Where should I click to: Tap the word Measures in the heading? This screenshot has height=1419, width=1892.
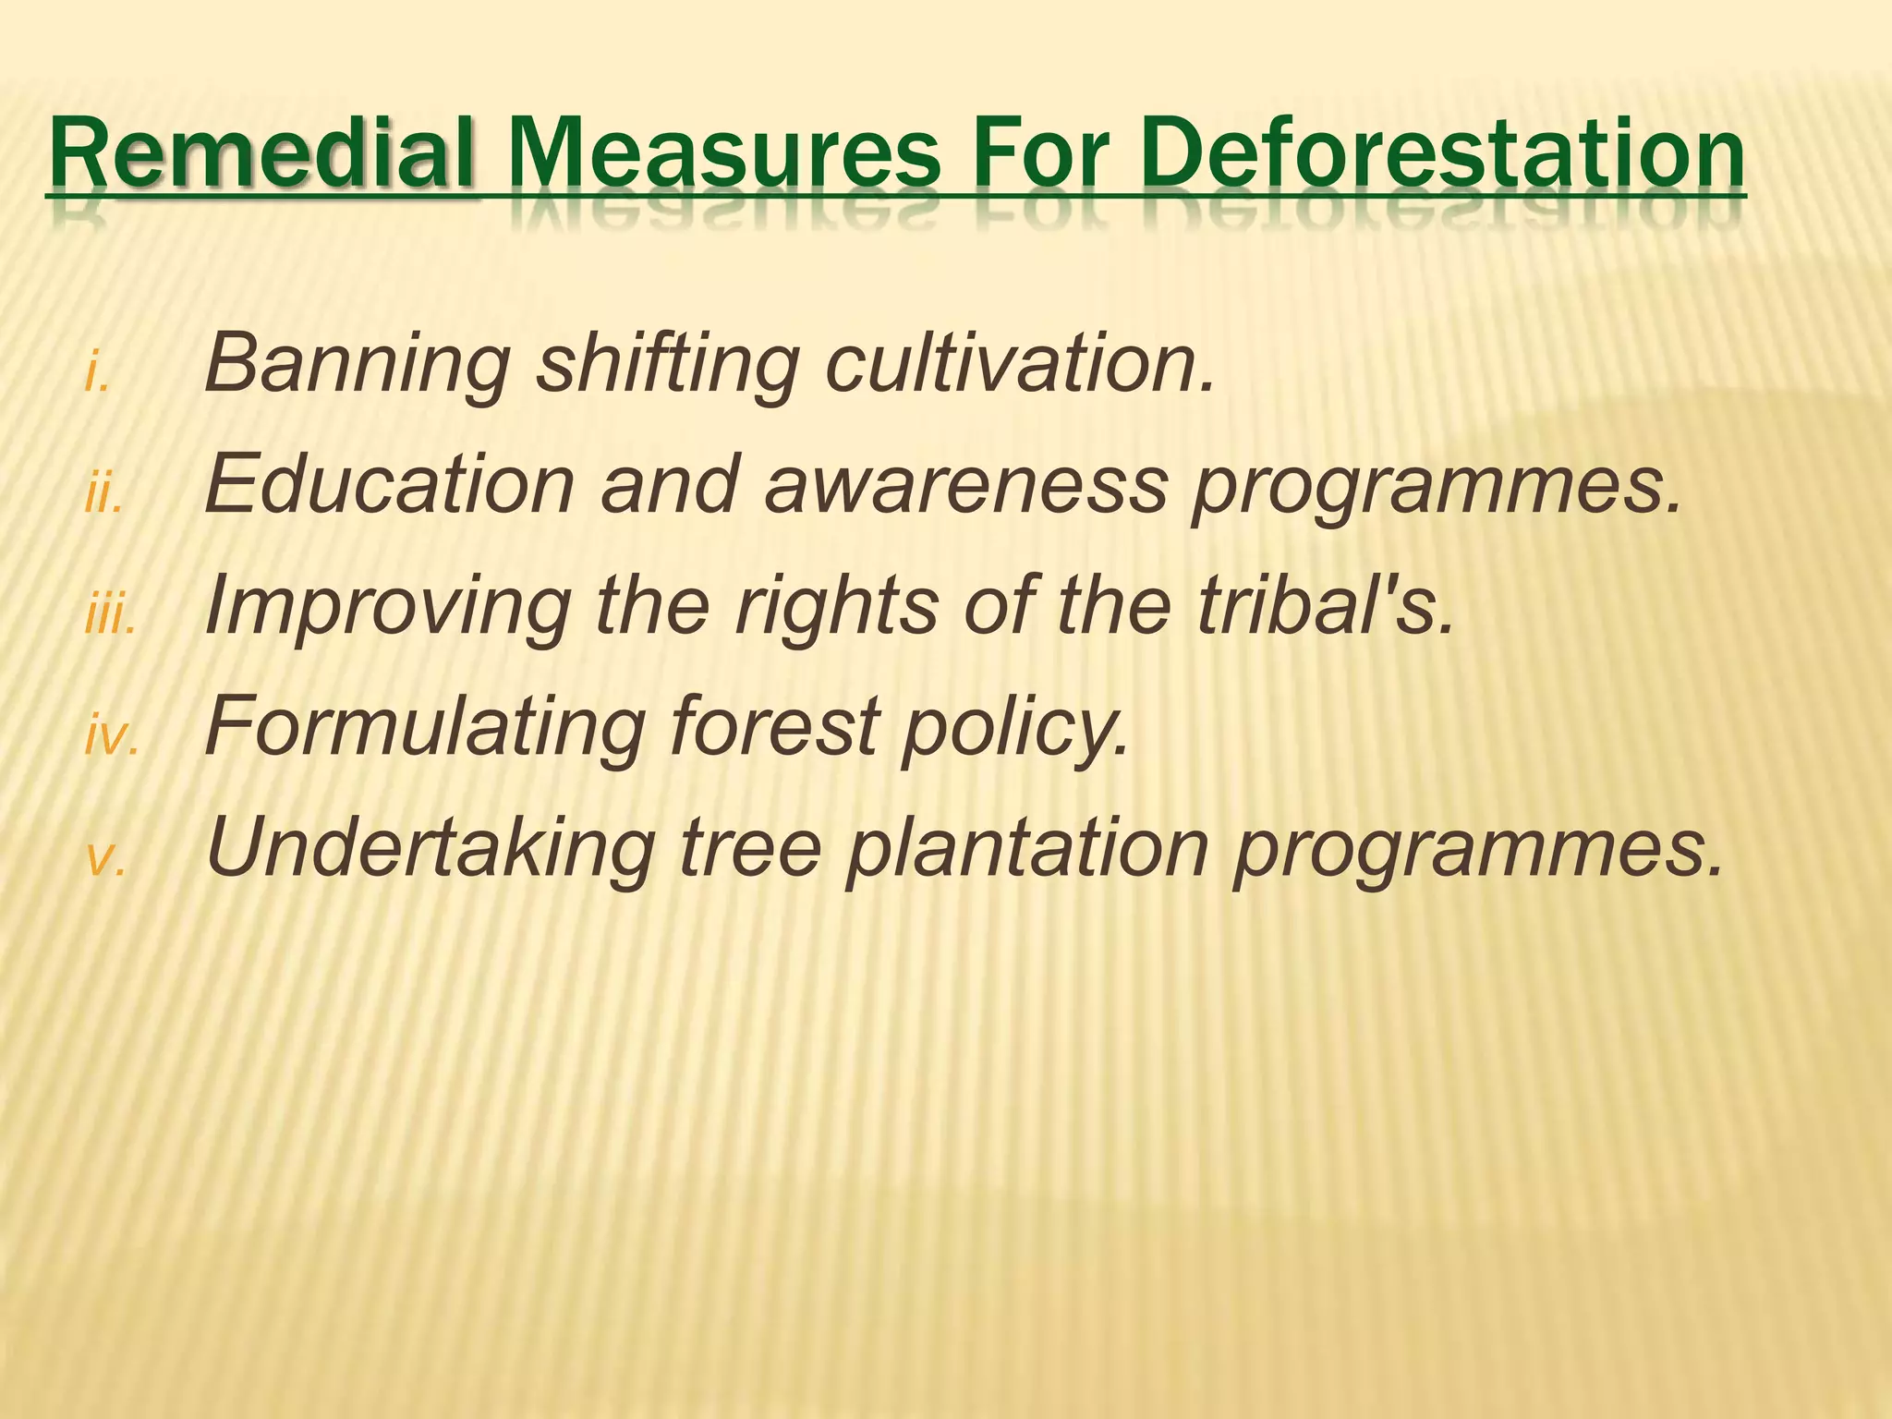pyautogui.click(x=724, y=152)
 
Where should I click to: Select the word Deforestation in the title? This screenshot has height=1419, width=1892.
pyautogui.click(x=1442, y=152)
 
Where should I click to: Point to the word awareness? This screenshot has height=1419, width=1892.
pyautogui.click(x=965, y=485)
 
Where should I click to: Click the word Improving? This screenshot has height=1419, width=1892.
pyautogui.click(x=388, y=608)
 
